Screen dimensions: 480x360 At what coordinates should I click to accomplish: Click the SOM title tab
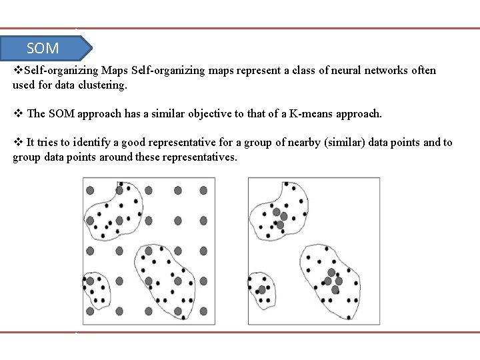(x=44, y=48)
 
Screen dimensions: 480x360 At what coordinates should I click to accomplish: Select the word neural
(x=344, y=70)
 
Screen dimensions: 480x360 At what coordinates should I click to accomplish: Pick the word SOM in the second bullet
(x=61, y=113)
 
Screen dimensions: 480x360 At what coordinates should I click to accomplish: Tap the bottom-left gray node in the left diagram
(x=90, y=311)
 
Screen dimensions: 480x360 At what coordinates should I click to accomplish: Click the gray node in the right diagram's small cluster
(x=262, y=290)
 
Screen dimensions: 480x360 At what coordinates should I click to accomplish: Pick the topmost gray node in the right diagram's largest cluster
(x=331, y=272)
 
